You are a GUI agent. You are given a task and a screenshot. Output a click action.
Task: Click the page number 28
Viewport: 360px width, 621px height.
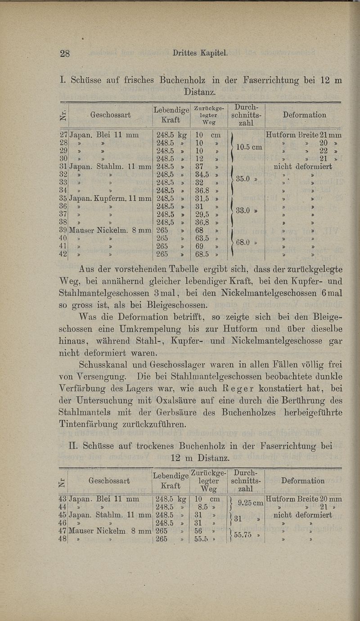pos(66,54)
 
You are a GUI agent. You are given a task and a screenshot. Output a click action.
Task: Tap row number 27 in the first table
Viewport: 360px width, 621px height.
pos(63,135)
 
